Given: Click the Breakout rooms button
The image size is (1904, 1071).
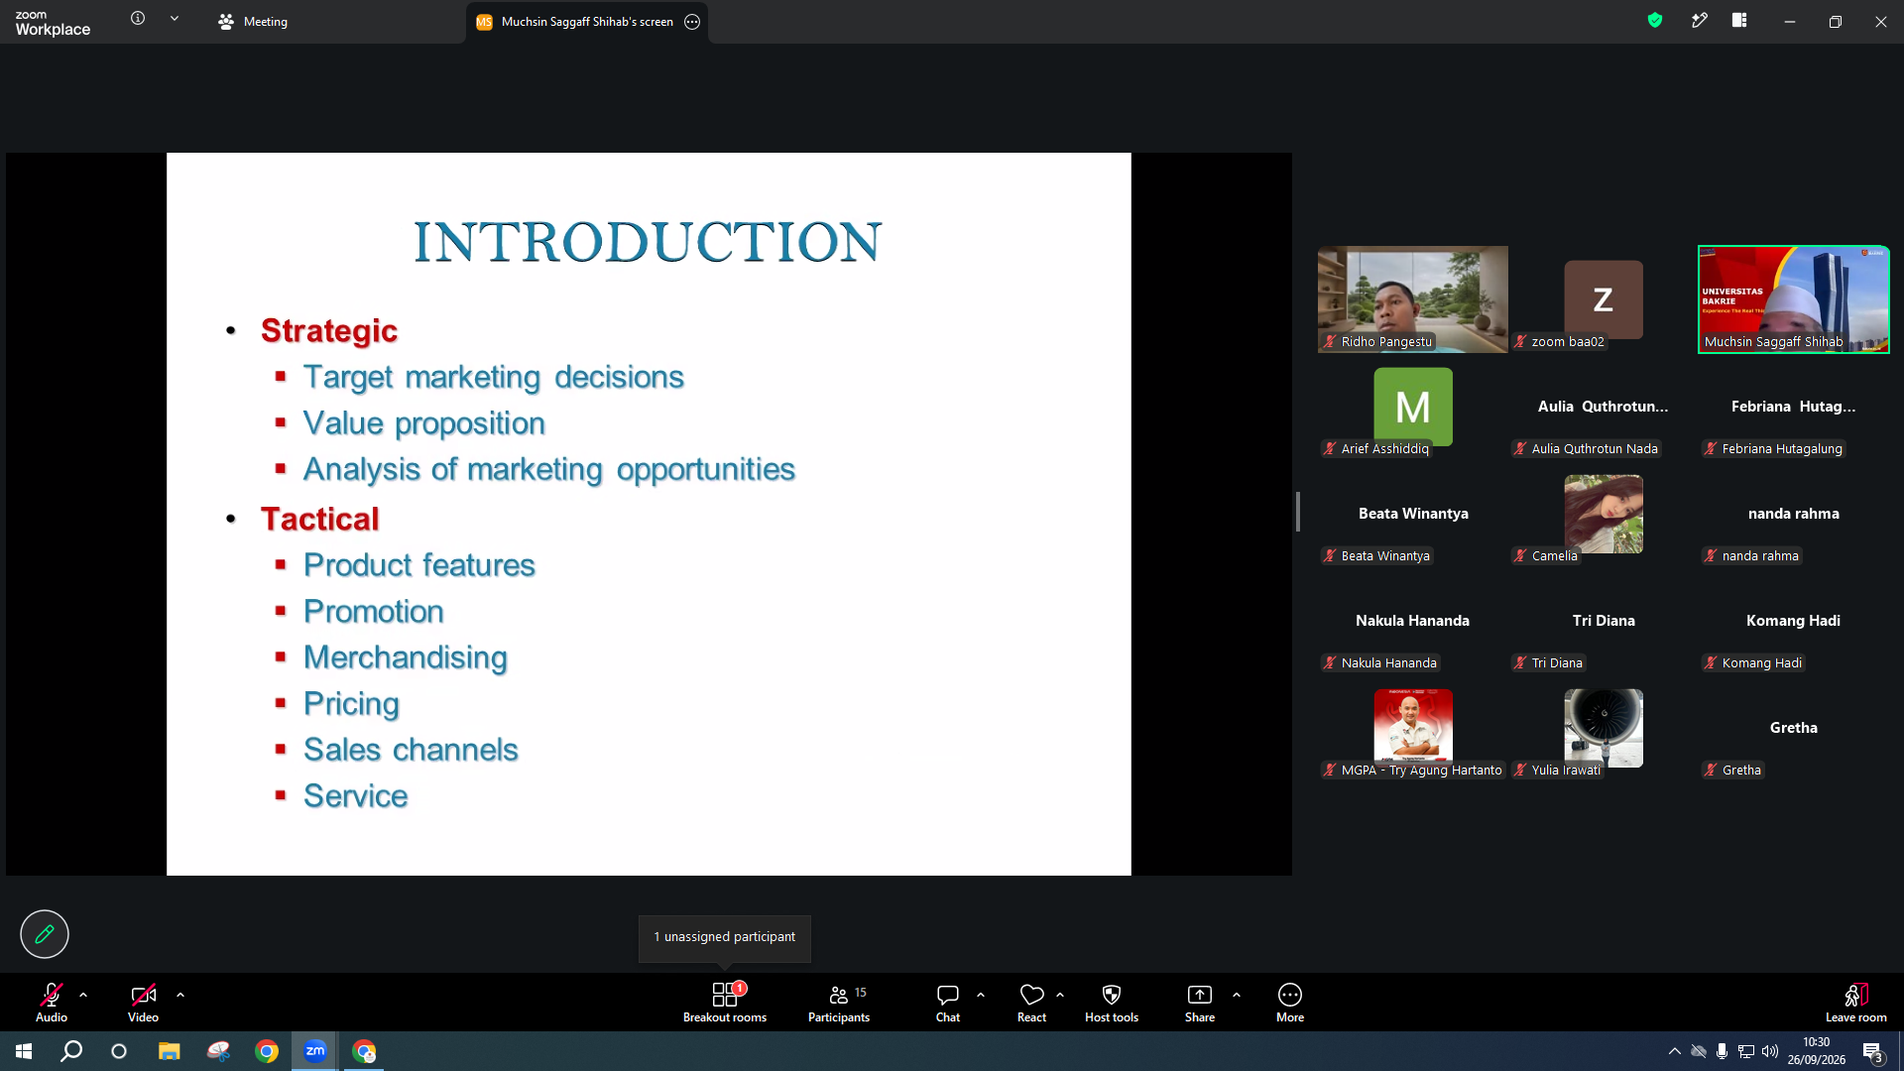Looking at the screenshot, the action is click(725, 1002).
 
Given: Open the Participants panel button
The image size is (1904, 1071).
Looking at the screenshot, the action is click(839, 1002).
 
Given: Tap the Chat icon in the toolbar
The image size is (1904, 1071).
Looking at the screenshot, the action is click(948, 995).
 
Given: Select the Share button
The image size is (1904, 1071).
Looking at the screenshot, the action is click(1200, 1002).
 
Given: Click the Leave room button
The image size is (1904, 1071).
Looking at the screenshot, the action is click(1856, 1002).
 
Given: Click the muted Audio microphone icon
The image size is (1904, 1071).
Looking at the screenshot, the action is click(52, 995).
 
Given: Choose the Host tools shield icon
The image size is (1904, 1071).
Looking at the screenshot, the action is click(1112, 995).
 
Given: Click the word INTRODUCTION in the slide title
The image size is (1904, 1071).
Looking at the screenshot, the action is click(648, 242).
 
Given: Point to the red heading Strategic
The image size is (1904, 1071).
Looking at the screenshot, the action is click(329, 330).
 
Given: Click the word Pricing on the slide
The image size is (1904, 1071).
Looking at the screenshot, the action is click(351, 704).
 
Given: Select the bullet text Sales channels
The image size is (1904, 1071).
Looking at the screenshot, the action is click(411, 750).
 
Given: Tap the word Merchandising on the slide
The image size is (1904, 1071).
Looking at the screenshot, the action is click(406, 657).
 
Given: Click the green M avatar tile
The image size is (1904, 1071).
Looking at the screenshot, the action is click(1413, 407).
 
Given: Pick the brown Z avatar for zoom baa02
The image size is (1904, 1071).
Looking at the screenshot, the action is click(1604, 299).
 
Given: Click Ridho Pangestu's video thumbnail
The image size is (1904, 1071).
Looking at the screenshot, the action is click(1413, 299).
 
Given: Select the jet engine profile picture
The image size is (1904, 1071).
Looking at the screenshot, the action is click(1604, 728).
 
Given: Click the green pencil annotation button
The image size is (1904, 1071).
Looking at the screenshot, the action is click(45, 934).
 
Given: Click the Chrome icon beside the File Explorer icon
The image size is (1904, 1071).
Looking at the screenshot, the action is click(267, 1051).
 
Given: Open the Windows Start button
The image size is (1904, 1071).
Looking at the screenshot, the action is click(24, 1051).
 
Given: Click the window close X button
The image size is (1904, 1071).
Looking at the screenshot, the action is click(1881, 22).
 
